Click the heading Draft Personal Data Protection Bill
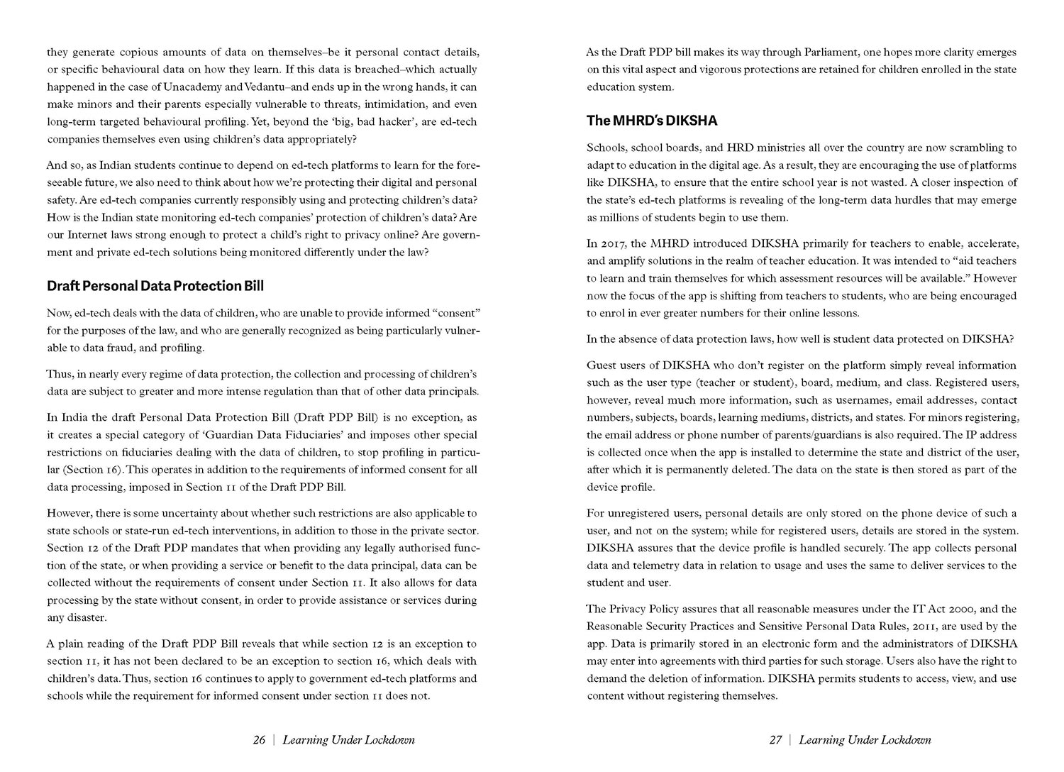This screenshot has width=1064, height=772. coord(155,286)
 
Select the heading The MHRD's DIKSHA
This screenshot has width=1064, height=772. coord(652,121)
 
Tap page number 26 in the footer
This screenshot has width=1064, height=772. coord(259,740)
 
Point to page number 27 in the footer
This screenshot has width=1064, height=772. coord(775,740)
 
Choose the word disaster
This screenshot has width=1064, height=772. coord(87,618)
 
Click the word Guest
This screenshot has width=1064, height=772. coord(602,365)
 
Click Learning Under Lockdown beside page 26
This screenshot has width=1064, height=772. coord(348,740)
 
